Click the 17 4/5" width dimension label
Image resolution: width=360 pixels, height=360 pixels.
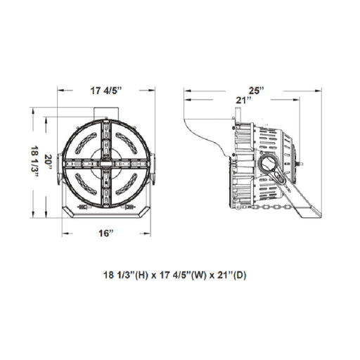pos(106,91)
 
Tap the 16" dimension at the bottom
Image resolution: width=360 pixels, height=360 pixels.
pos(105,233)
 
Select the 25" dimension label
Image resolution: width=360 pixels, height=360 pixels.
pos(256,91)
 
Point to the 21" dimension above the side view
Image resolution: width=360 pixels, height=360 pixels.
pos(243,101)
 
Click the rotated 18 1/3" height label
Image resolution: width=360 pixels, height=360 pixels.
pos(35,162)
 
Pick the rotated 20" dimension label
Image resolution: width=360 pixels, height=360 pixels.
pos(49,162)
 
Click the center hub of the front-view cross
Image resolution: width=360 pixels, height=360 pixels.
pos(106,163)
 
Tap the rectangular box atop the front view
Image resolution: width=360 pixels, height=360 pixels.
pos(106,113)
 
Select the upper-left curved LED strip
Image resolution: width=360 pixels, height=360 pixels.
pos(86,143)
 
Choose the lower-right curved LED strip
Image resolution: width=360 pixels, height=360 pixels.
pos(127,184)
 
